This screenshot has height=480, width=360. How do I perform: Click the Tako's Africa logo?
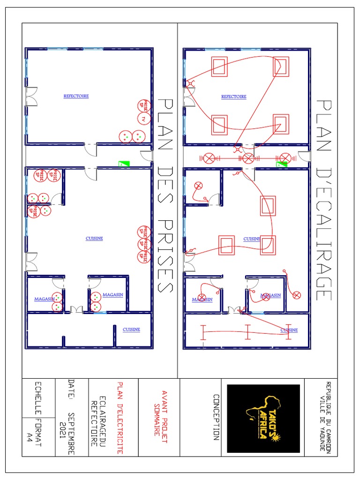[x=263, y=419]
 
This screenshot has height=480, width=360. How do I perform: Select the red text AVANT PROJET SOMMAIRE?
[x=161, y=413]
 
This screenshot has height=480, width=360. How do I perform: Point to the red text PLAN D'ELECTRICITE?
[x=120, y=417]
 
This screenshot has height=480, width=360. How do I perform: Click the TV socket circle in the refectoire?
[x=144, y=119]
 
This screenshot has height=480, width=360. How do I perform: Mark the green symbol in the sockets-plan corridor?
[x=124, y=164]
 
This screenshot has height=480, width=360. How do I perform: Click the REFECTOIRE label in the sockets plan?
[x=76, y=96]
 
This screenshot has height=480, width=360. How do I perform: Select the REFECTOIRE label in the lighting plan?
[x=233, y=97]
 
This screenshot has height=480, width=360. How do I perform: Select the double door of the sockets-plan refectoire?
[x=31, y=97]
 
